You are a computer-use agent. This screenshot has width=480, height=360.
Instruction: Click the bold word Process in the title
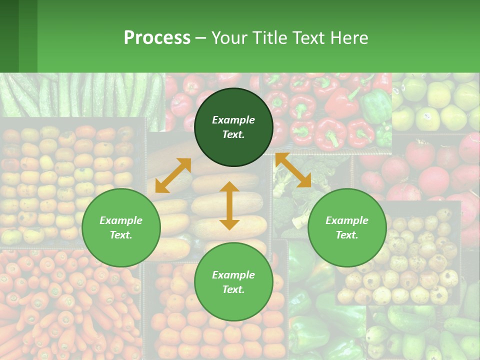(x=157, y=38)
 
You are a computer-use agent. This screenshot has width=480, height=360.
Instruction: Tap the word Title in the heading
(x=268, y=38)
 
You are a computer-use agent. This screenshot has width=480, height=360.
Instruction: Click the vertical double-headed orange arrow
(x=229, y=205)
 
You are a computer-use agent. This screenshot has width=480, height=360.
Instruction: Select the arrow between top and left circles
(x=173, y=175)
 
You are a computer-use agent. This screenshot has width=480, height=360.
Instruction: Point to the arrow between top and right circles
(x=293, y=170)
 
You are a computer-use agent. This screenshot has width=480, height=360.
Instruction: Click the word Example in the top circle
(x=233, y=120)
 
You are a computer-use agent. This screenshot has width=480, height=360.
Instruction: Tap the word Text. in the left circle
(x=121, y=235)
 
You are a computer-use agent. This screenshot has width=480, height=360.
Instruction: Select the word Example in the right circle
(x=347, y=220)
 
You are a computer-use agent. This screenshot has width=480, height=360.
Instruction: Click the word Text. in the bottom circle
(x=233, y=289)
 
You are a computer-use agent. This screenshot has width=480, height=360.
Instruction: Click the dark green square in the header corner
(x=9, y=36)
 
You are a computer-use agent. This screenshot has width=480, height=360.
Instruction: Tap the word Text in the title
(x=306, y=38)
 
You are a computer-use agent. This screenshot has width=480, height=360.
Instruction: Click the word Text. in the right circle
(x=347, y=235)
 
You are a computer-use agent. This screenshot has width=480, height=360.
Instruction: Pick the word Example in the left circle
(x=121, y=220)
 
